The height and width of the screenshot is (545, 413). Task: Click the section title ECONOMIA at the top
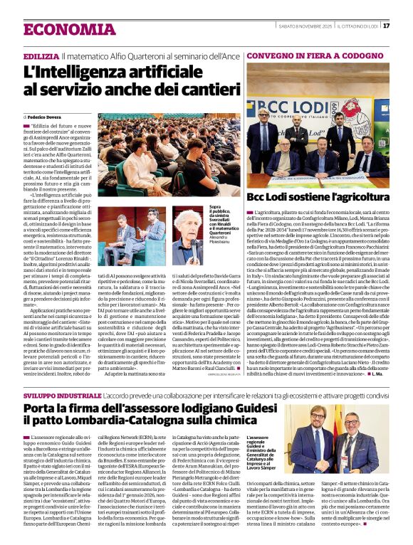[65, 29]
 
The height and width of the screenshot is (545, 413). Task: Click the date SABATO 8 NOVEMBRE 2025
[293, 26]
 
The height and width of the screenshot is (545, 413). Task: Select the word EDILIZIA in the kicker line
[41, 55]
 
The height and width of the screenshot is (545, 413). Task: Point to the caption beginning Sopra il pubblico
[223, 221]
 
